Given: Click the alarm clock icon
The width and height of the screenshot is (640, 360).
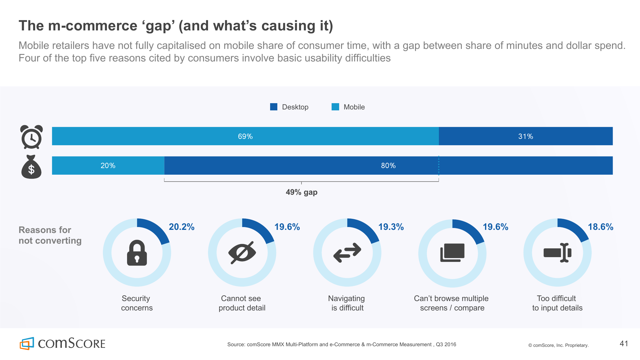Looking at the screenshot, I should click(x=31, y=137).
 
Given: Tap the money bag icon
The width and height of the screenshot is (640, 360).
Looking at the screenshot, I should click(x=31, y=167).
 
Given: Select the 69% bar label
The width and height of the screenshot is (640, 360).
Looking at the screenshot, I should click(x=245, y=136).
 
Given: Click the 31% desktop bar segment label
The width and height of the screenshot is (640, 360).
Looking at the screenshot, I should click(x=525, y=136).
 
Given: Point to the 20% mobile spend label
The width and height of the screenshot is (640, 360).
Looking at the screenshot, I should click(x=108, y=166).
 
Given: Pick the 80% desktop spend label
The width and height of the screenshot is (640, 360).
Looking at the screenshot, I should click(x=388, y=166).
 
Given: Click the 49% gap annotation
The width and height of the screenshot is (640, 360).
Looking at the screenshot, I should click(x=301, y=192).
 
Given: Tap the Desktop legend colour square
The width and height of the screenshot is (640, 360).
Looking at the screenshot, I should click(x=274, y=107).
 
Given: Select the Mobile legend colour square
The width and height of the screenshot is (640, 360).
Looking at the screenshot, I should click(x=335, y=107).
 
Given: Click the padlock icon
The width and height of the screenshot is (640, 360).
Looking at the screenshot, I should click(x=137, y=253).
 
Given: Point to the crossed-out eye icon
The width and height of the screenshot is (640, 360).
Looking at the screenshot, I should click(x=242, y=253).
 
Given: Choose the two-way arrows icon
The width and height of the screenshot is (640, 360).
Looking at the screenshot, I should click(x=347, y=253).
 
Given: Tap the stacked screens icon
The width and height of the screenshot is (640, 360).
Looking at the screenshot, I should click(x=452, y=253).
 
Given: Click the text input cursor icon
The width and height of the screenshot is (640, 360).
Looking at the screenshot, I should click(x=557, y=253).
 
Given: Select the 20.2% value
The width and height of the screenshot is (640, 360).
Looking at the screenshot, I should click(x=182, y=227).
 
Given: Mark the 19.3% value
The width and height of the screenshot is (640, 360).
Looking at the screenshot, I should click(x=391, y=227).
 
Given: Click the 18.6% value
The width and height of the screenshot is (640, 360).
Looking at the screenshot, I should click(x=600, y=227).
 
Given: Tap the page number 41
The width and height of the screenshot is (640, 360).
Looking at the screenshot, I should click(x=624, y=344).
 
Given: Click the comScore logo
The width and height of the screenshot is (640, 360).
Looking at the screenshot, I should click(x=62, y=344).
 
